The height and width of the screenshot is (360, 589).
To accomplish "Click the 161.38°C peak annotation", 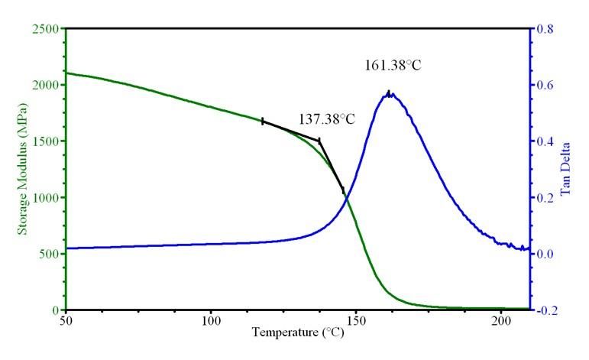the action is (393, 66).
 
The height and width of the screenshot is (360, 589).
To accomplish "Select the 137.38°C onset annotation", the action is (327, 119).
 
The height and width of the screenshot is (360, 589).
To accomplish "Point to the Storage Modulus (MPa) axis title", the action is (23, 169).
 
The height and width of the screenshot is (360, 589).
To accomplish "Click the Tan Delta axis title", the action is (565, 169).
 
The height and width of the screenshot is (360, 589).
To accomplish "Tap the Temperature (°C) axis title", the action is (298, 332).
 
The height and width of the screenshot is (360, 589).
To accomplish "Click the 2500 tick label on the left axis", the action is (46, 28).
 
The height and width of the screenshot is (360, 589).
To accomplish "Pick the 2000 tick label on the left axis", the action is (46, 85).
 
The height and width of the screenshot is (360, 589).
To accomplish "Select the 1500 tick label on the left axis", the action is (46, 141).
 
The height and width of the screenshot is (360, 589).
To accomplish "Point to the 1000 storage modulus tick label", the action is (46, 198).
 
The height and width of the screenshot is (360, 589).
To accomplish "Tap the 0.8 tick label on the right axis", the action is (545, 28).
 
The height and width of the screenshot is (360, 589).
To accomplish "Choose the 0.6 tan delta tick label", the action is (545, 85).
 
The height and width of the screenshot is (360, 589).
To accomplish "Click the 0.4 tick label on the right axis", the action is (545, 141).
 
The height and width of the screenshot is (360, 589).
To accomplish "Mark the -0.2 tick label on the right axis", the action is (547, 310).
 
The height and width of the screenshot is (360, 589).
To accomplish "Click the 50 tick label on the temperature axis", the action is (66, 322).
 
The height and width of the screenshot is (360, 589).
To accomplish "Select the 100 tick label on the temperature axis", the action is (211, 322).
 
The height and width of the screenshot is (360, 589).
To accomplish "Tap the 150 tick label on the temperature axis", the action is (356, 322).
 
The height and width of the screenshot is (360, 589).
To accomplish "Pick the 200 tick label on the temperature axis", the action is (501, 322).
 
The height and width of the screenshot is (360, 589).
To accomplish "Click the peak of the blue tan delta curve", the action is (389, 92).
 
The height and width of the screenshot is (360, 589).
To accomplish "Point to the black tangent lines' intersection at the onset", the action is (319, 141).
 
